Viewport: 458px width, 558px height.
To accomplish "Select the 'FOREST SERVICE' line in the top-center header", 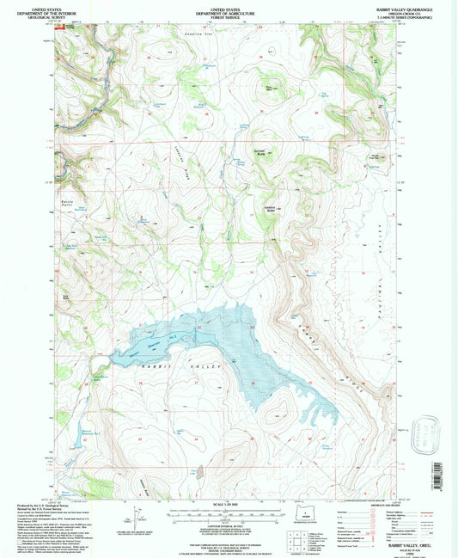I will (225, 15).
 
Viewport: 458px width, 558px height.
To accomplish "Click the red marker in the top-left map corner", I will (60, 26).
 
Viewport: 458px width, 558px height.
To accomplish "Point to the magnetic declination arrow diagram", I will (136, 516).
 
